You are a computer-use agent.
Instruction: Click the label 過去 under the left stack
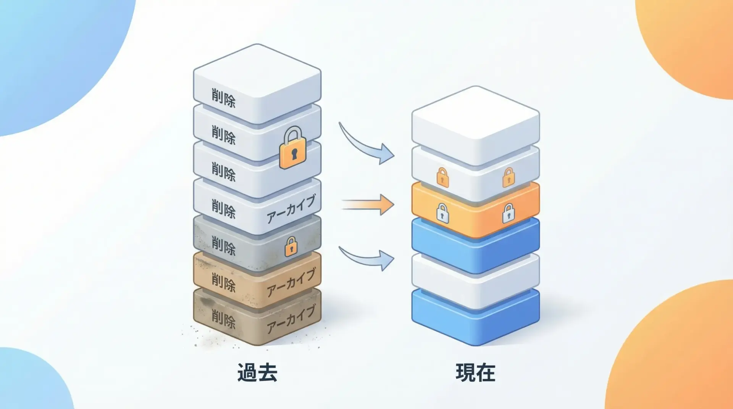[257, 372]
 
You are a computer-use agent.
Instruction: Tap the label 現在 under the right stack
[475, 372]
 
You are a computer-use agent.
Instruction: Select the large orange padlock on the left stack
[293, 148]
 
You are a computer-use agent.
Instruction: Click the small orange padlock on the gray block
[291, 246]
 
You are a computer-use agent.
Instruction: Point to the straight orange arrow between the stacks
[367, 204]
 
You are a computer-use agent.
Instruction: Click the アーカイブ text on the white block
[291, 209]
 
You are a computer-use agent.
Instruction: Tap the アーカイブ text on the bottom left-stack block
[291, 319]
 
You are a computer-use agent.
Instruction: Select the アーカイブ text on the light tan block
[291, 282]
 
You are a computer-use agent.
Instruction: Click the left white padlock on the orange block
[442, 213]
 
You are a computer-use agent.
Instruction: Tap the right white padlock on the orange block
[508, 213]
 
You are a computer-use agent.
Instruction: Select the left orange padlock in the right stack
[442, 177]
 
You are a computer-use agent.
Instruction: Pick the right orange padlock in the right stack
[508, 177]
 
